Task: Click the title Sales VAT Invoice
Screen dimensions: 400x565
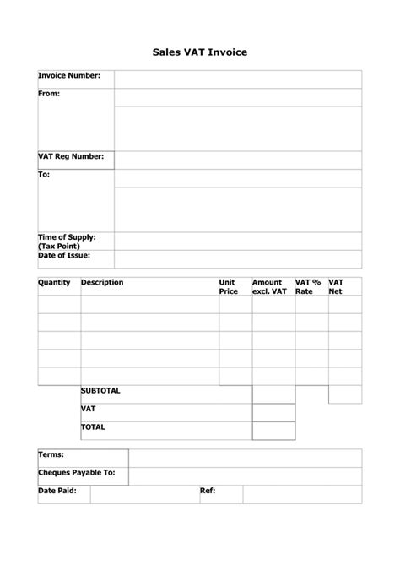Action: (x=200, y=51)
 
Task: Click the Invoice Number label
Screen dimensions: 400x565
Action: (x=69, y=76)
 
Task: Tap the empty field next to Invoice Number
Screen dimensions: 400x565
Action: (x=238, y=79)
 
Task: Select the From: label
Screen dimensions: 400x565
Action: (x=49, y=94)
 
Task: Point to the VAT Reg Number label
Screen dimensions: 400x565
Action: (x=71, y=157)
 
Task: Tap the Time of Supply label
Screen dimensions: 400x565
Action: (x=67, y=237)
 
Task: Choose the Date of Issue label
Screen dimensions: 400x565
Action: (x=64, y=255)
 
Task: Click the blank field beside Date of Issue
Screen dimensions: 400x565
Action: (x=238, y=258)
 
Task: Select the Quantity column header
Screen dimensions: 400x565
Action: (x=54, y=282)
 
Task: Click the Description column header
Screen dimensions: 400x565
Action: (x=102, y=282)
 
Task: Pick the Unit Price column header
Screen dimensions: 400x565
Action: (x=229, y=286)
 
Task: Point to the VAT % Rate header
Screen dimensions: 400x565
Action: (x=308, y=286)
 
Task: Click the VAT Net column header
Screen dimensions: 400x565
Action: (x=336, y=286)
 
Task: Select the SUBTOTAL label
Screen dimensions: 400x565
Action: (x=101, y=391)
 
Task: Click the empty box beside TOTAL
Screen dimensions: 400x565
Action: (x=273, y=431)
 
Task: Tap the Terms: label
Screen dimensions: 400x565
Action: (x=51, y=454)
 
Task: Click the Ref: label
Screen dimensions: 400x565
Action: (x=207, y=490)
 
